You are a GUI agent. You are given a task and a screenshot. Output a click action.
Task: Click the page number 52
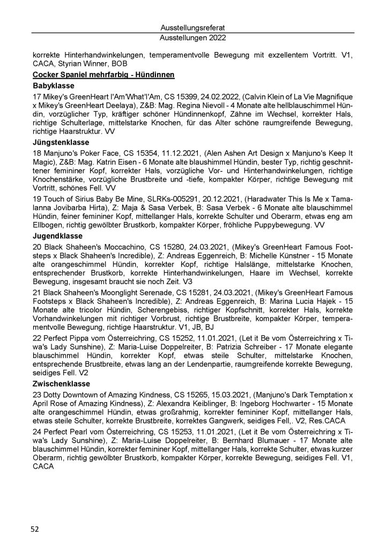[34, 529]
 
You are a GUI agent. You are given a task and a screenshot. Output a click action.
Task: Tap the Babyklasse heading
[53, 85]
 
